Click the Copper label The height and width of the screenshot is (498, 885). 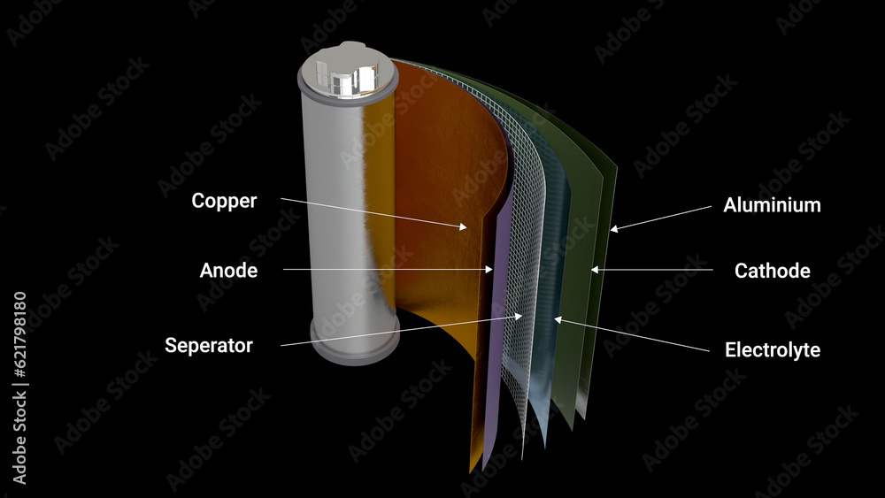224,201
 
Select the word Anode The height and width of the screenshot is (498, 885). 228,271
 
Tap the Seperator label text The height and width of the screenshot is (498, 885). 209,346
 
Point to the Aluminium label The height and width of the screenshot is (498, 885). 772,205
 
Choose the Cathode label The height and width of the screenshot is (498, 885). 772,271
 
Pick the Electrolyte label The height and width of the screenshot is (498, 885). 772,350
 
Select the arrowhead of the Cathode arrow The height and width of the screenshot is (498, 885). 595,269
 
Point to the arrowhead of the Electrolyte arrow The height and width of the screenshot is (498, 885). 557,318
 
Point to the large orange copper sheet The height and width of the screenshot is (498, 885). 442,177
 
